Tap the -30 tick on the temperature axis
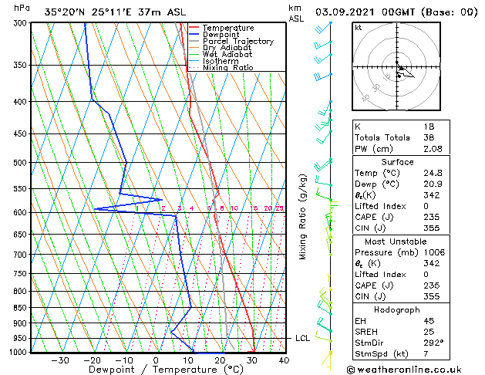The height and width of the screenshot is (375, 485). (x=60, y=360)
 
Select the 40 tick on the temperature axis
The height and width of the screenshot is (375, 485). (x=285, y=360)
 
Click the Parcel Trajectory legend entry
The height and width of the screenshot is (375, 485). (x=237, y=41)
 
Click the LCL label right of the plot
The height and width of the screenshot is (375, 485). (x=303, y=338)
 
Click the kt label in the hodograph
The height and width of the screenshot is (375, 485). (x=359, y=27)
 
